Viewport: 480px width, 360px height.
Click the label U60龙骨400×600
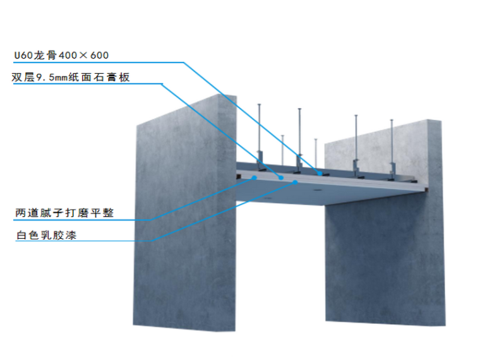(x=61, y=56)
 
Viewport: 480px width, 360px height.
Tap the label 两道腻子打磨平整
(x=64, y=213)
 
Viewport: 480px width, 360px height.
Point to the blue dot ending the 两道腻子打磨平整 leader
(x=254, y=178)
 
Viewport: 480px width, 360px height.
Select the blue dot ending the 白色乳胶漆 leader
(x=296, y=182)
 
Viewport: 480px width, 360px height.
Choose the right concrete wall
(x=385, y=253)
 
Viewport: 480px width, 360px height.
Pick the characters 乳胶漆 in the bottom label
(x=61, y=236)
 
